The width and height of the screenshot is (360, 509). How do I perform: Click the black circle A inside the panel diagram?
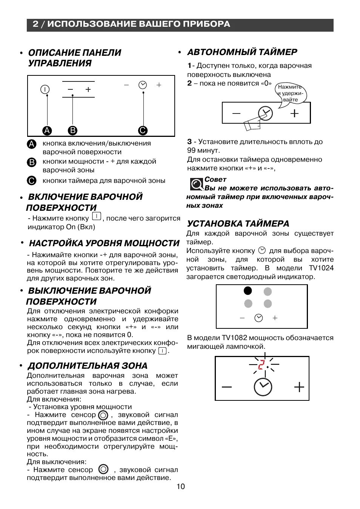tap(47, 130)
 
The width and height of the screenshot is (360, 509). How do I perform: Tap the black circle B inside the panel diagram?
tap(72, 130)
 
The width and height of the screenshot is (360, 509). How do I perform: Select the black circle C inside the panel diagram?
tap(143, 130)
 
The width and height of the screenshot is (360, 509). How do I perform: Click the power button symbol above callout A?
tap(45, 89)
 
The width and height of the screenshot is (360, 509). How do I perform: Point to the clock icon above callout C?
tap(143, 85)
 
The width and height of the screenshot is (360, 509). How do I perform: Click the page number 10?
tap(181, 486)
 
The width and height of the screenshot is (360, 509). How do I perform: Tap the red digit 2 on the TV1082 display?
tap(261, 365)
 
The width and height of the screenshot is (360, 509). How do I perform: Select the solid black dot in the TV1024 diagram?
tap(248, 291)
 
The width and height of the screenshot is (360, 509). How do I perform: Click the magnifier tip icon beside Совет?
tap(196, 184)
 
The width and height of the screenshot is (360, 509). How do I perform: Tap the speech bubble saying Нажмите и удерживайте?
tap(290, 94)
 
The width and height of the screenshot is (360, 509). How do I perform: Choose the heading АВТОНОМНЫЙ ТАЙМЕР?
tap(242, 52)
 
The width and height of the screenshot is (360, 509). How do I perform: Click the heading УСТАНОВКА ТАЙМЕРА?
tap(238, 224)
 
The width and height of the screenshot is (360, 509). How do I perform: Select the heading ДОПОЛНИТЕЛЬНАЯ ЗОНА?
tap(88, 366)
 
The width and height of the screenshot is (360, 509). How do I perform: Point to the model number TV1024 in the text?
tap(321, 268)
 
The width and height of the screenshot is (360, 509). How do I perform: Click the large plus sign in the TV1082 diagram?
tap(299, 387)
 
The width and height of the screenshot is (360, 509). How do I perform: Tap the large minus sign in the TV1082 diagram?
tap(227, 387)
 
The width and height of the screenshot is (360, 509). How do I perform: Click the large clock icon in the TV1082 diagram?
tap(263, 387)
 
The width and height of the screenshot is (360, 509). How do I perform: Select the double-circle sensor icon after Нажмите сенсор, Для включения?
tap(103, 415)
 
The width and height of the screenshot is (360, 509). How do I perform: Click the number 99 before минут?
tap(192, 150)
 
